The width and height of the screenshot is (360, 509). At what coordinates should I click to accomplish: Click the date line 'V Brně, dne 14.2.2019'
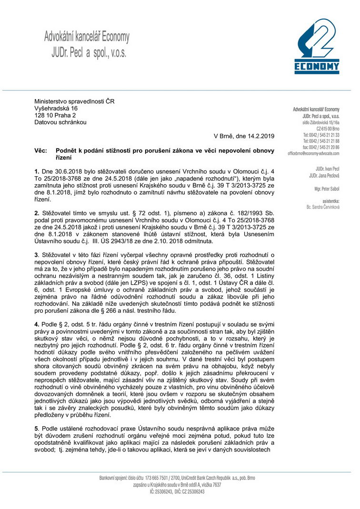click(x=244, y=137)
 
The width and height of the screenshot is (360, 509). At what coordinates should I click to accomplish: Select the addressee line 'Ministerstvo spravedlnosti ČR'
click(x=74, y=101)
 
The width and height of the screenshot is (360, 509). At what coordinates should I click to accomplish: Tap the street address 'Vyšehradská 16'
click(x=56, y=109)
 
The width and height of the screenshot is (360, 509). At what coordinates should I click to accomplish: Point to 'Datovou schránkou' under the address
click(x=60, y=122)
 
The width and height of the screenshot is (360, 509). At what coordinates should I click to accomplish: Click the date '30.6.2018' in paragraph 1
click(x=65, y=170)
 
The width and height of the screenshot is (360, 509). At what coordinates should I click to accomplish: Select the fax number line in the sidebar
click(x=321, y=148)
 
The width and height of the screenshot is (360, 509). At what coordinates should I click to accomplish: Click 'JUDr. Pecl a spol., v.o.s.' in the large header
click(x=89, y=53)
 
